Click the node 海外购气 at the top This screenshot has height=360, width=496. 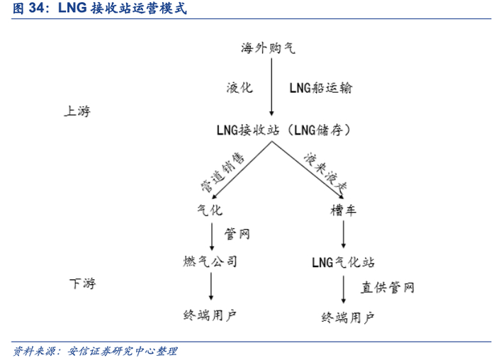[x=269, y=47]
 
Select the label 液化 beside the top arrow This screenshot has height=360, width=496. [x=239, y=88]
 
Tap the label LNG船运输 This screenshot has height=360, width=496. [x=320, y=88]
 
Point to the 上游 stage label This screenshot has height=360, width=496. [x=78, y=111]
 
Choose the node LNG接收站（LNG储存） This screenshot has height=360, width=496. [x=283, y=130]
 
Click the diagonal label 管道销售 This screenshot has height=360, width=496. [x=222, y=173]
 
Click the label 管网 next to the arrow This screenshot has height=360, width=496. [x=237, y=233]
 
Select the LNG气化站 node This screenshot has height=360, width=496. [x=343, y=262]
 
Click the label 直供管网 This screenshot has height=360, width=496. [x=387, y=288]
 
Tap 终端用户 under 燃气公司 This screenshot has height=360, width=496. [x=210, y=315]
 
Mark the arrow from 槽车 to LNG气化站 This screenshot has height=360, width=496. [x=343, y=235]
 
